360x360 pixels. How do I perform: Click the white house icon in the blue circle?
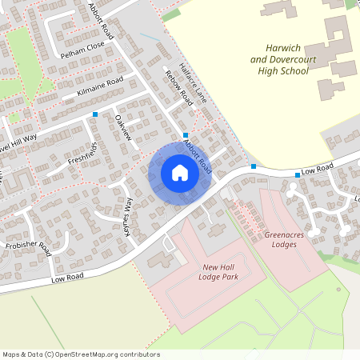[180, 172]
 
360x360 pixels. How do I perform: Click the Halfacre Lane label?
[194, 83]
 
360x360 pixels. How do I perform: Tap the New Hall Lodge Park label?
[220, 272]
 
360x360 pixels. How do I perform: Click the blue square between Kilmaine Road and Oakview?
[96, 114]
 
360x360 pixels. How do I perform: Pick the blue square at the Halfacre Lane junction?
[186, 134]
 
